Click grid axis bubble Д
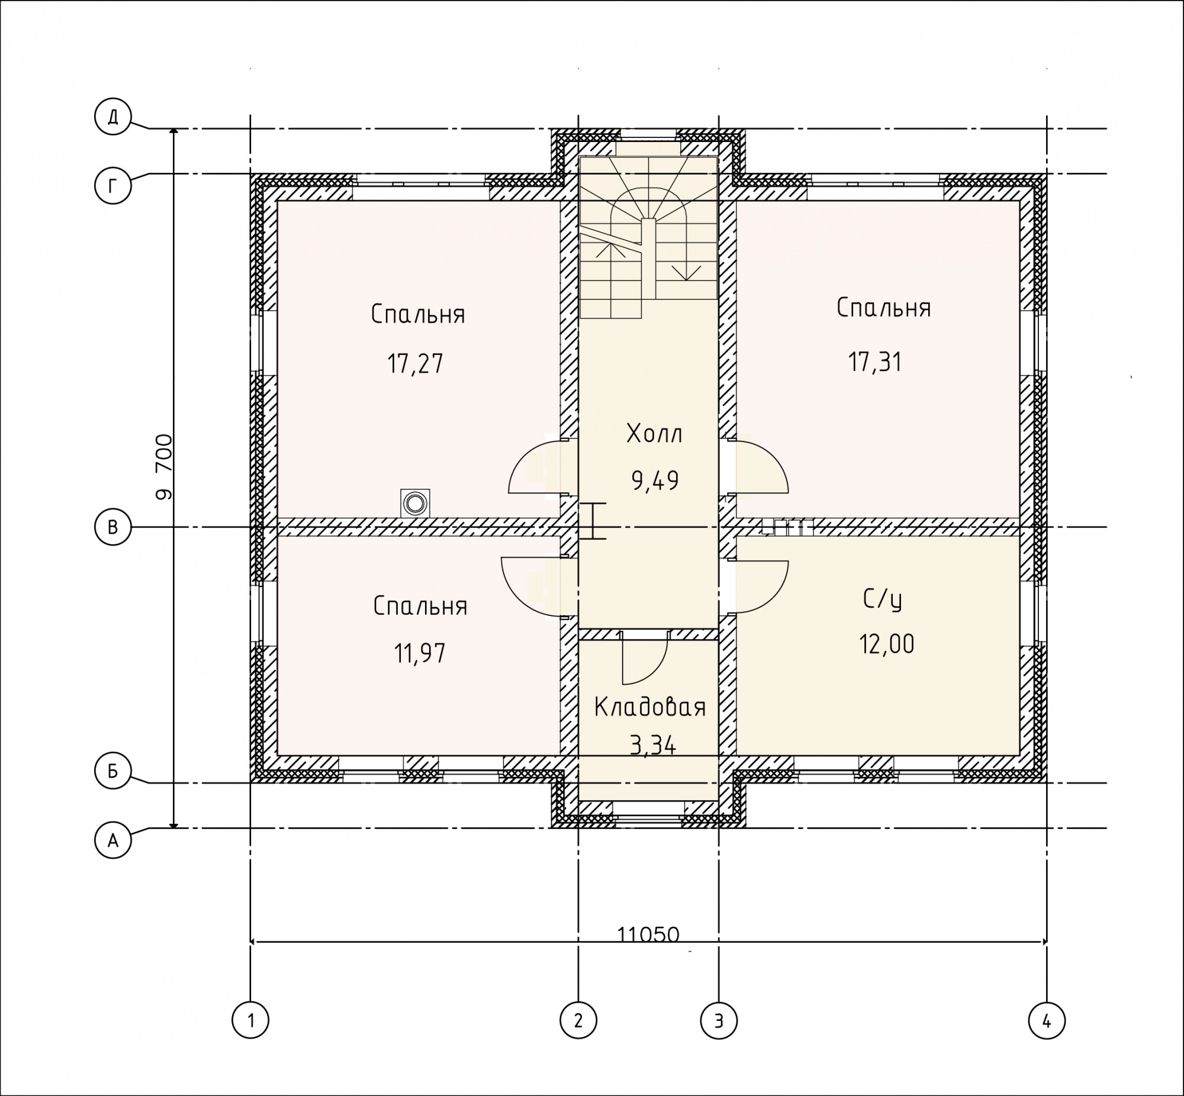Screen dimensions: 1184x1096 pyautogui.click(x=112, y=117)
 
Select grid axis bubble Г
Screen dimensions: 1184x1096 pyautogui.click(x=112, y=186)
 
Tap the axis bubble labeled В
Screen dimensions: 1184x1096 pyautogui.click(x=112, y=527)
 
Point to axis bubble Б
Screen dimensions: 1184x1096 pyautogui.click(x=112, y=771)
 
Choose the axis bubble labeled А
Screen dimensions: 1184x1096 pyautogui.click(x=112, y=840)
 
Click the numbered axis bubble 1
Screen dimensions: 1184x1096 pyautogui.click(x=250, y=1021)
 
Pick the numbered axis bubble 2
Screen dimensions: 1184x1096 pyautogui.click(x=578, y=1021)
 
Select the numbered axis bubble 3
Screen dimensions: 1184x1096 pyautogui.click(x=719, y=1021)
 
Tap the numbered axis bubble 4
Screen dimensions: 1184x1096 pyautogui.click(x=1047, y=1021)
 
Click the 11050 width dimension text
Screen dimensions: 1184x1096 pyautogui.click(x=648, y=934)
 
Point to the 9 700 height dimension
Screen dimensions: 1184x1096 pyautogui.click(x=165, y=468)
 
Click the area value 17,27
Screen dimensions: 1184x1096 pyautogui.click(x=415, y=364)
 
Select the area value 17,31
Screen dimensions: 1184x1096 pyautogui.click(x=876, y=362)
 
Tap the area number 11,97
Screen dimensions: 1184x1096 pyautogui.click(x=419, y=653)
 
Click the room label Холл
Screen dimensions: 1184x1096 pyautogui.click(x=654, y=434)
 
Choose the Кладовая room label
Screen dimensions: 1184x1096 pyautogui.click(x=650, y=708)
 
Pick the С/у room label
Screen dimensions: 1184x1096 pyautogui.click(x=883, y=600)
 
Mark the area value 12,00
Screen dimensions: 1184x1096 pyautogui.click(x=887, y=644)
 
